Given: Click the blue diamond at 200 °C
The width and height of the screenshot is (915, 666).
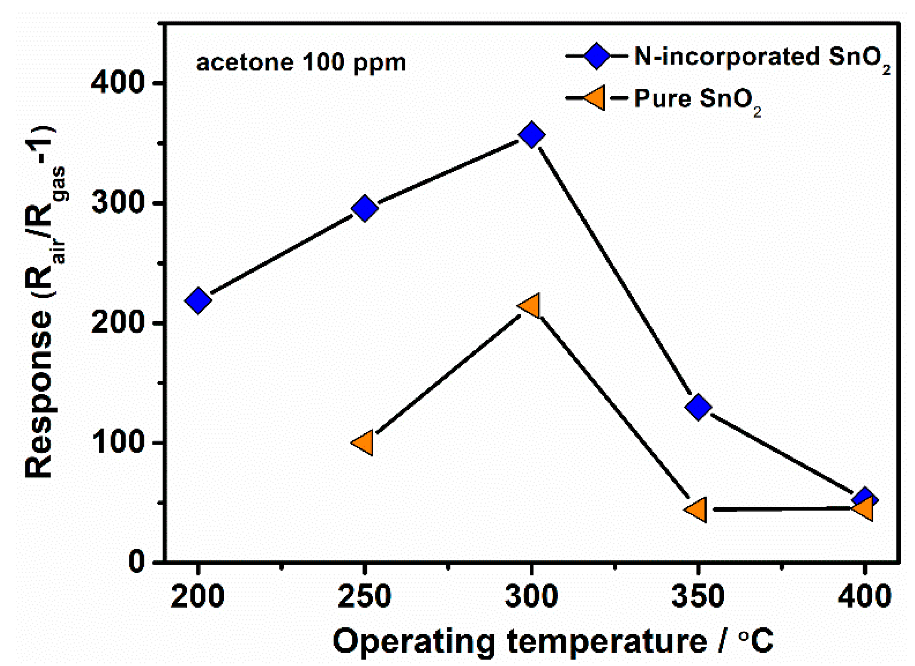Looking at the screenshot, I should click(x=198, y=300).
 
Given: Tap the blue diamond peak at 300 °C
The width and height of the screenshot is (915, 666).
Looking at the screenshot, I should click(x=532, y=134).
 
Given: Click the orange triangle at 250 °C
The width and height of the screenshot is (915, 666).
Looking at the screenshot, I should click(x=363, y=443).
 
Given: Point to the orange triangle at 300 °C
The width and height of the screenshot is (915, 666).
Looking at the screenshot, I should click(x=530, y=306).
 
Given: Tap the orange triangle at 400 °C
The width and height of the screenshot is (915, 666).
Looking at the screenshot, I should click(x=864, y=509).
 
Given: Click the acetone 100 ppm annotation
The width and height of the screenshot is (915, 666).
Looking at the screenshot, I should click(x=301, y=62).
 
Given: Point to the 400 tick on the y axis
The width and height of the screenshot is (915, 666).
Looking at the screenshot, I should click(x=117, y=82).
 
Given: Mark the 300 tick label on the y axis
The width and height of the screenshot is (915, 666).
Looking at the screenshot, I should click(x=117, y=203).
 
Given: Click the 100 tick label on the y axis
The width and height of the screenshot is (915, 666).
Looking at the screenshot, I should click(x=117, y=442).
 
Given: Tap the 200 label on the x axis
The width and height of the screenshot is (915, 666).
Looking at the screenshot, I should click(x=198, y=596).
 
